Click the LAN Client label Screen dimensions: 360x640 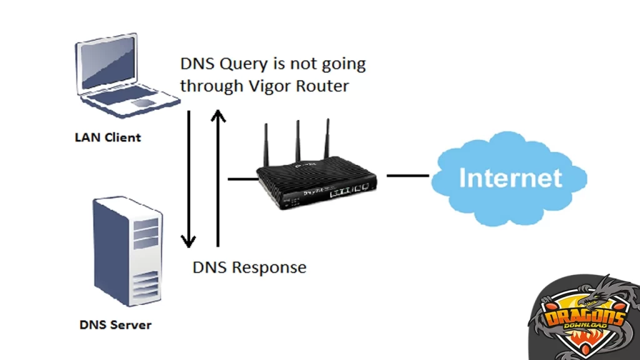(108, 137)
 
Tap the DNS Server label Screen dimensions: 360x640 (115, 324)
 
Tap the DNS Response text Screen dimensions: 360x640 (249, 267)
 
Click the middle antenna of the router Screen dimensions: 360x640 (297, 143)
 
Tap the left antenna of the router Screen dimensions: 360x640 (266, 146)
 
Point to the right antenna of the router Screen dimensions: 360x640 (326, 141)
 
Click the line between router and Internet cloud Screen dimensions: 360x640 (407, 175)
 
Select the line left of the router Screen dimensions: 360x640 (242, 179)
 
